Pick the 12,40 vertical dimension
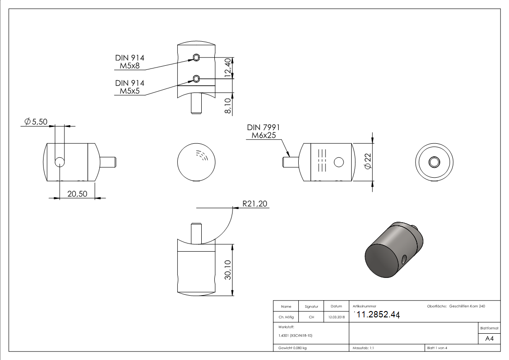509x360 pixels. tap(228, 68)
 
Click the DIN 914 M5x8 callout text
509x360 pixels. tap(130, 62)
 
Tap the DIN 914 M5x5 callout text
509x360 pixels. tap(130, 87)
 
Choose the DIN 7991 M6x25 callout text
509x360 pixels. tap(263, 131)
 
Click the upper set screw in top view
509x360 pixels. tap(196, 57)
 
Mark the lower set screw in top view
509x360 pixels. tap(196, 78)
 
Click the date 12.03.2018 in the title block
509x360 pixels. tap(336, 317)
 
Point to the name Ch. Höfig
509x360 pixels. tap(286, 317)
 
